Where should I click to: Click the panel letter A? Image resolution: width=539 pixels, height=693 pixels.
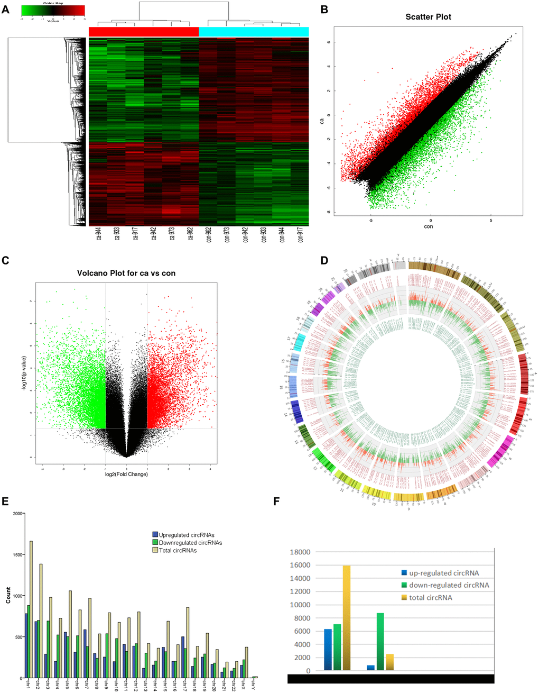click(6, 9)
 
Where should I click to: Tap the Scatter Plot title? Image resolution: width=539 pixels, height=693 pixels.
click(428, 17)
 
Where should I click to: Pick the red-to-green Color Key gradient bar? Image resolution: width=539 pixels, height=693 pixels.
click(53, 10)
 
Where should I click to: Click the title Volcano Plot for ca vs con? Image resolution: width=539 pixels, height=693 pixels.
click(126, 273)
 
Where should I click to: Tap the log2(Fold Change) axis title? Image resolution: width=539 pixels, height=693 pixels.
click(126, 474)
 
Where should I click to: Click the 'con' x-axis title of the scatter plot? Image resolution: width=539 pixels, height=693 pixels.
click(428, 226)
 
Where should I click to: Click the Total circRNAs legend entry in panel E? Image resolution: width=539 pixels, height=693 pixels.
click(178, 550)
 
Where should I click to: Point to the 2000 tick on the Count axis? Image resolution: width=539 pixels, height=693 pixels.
click(16, 514)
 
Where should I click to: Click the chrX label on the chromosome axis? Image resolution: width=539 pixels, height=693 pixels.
click(244, 686)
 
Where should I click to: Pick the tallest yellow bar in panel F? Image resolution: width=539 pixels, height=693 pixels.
click(347, 618)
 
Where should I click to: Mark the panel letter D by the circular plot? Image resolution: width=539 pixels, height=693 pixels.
click(324, 260)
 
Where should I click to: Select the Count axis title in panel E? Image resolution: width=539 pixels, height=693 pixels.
click(8, 595)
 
